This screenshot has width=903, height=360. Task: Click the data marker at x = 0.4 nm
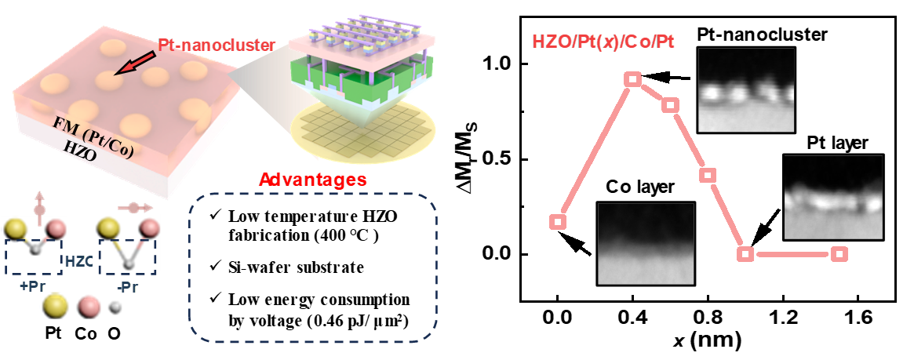pyautogui.click(x=633, y=78)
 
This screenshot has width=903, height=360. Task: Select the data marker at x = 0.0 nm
pyautogui.click(x=558, y=222)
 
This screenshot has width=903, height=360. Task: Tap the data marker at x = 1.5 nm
pyautogui.click(x=839, y=254)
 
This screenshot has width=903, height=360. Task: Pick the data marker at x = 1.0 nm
pyautogui.click(x=745, y=254)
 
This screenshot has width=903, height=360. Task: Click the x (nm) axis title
pyautogui.click(x=707, y=342)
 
